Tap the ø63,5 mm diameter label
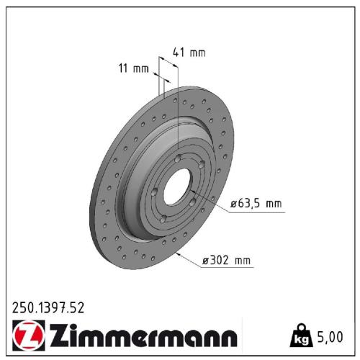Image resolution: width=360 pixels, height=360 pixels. tap(256, 204)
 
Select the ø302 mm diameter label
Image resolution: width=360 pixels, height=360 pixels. tap(226, 261)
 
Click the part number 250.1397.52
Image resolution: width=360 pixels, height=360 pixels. tap(48, 307)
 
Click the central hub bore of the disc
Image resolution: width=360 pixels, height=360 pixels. tap(179, 191)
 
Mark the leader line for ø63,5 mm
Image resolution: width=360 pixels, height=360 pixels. tap(216, 207)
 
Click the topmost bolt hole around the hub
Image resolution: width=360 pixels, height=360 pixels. tap(177, 158)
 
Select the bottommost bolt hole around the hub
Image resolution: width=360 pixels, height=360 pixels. tap(163, 218)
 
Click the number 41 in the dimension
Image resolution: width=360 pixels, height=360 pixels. tap(179, 51)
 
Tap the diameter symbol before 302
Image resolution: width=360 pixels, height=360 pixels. tap(206, 261)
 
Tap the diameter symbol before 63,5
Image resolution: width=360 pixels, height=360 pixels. tap(234, 204)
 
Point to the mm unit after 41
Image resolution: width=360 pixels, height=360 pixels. tap(198, 51)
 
